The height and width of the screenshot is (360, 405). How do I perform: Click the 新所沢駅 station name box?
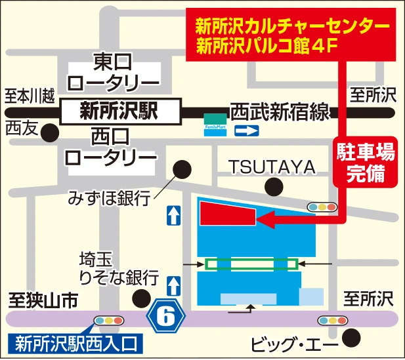pos(119,111)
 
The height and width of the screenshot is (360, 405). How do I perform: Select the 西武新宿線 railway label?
pos(280,112)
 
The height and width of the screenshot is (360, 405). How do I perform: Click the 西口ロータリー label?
pos(110,148)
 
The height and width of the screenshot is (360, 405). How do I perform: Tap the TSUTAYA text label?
pos(272,167)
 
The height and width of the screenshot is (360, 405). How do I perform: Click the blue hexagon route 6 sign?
pos(168,317)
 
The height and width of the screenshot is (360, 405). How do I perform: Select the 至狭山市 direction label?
pos(43,300)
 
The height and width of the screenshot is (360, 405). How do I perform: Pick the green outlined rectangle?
pos(251,264)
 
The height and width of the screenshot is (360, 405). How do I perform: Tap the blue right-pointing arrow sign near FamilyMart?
pos(247,131)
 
